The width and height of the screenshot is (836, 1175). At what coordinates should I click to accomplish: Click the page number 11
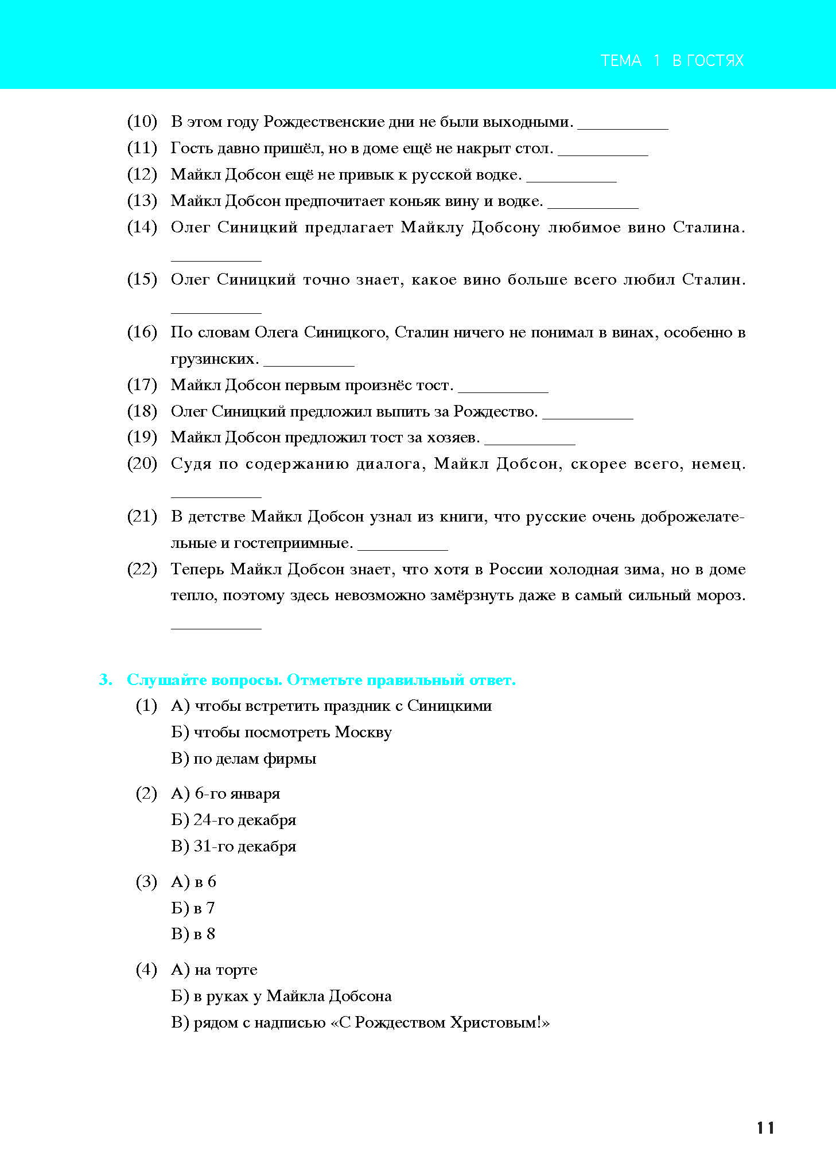[x=765, y=1128]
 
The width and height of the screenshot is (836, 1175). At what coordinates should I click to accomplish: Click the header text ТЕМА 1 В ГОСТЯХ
[x=672, y=61]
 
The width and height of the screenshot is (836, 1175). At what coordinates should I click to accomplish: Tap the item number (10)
[x=142, y=122]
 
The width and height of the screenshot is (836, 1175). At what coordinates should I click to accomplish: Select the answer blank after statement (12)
[x=571, y=180]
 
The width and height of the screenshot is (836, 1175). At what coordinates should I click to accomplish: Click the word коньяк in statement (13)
[x=414, y=201]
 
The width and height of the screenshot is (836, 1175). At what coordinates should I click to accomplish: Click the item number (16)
[x=142, y=332]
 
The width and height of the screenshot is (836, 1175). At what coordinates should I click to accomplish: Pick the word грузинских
[x=213, y=359]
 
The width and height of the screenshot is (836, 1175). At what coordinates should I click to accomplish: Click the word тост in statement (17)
[x=432, y=385]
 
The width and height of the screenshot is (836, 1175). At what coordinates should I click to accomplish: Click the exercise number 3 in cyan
[x=106, y=680]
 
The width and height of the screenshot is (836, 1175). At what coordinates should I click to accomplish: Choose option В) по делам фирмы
[x=243, y=759]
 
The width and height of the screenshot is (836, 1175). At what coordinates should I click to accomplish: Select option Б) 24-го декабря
[x=234, y=820]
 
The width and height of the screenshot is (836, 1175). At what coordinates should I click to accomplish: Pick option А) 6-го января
[x=225, y=794]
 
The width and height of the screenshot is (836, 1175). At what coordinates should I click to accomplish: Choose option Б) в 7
[x=193, y=908]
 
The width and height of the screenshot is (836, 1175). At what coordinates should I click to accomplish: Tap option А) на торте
[x=214, y=970]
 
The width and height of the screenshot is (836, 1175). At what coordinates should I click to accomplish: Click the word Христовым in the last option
[x=492, y=1023]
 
